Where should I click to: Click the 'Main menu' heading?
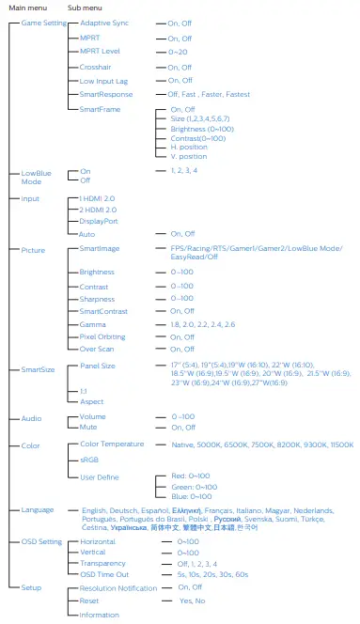pyautogui.click(x=26, y=8)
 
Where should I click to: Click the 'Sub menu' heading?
pyautogui.click(x=86, y=8)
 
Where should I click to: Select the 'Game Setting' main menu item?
pyautogui.click(x=43, y=23)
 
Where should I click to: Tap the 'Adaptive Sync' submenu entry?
pyautogui.click(x=104, y=23)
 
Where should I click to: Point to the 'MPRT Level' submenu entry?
pyautogui.click(x=99, y=53)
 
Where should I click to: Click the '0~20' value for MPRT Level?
pyautogui.click(x=179, y=53)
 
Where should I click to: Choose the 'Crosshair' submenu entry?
pyautogui.click(x=96, y=68)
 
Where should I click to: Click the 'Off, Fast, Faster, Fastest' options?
pyautogui.click(x=209, y=94)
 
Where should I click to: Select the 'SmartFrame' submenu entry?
pyautogui.click(x=100, y=108)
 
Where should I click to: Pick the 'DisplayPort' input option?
pyautogui.click(x=99, y=222)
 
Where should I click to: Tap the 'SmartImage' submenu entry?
pyautogui.click(x=100, y=249)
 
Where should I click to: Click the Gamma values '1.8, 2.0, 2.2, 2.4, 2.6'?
pyautogui.click(x=203, y=322)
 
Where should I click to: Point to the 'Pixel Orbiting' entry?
pyautogui.click(x=102, y=335)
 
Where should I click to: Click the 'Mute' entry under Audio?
pyautogui.click(x=88, y=428)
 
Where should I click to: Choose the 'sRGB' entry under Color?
pyautogui.click(x=89, y=461)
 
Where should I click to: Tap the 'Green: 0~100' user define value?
pyautogui.click(x=194, y=486)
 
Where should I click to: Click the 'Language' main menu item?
pyautogui.click(x=38, y=509)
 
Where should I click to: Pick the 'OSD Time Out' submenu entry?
pyautogui.click(x=104, y=574)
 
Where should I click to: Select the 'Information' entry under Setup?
pyautogui.click(x=100, y=615)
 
